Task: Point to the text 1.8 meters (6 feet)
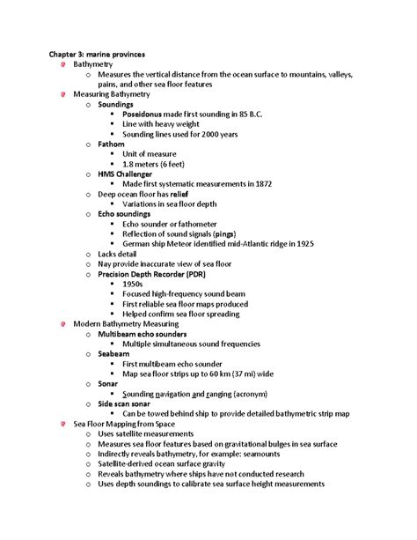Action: pos(159,164)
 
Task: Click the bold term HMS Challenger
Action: pos(130,174)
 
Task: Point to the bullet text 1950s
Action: pos(135,284)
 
